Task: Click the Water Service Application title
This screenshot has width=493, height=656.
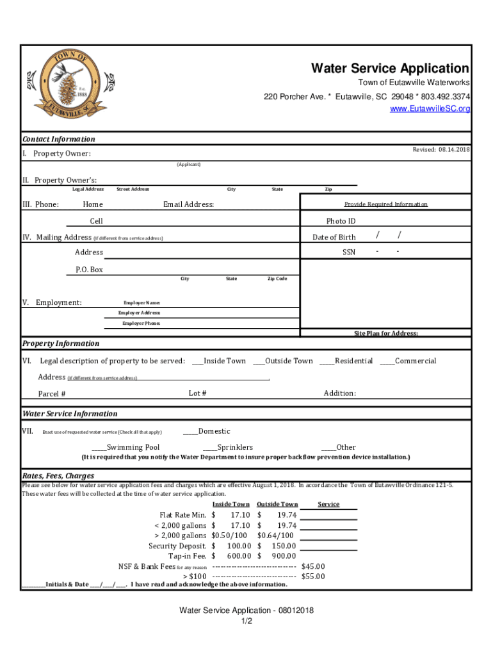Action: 389,69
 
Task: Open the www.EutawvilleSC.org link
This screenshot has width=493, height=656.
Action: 430,109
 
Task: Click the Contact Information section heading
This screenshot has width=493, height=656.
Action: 59,139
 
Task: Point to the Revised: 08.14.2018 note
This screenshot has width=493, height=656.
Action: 440,149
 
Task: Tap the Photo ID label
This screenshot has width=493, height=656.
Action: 341,221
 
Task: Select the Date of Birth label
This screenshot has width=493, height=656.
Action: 334,237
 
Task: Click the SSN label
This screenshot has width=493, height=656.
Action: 348,252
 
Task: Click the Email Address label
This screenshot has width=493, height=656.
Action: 188,204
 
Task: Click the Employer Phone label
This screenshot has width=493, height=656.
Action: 141,324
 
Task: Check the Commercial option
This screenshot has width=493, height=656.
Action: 408,361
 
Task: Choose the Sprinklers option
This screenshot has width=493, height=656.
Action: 228,447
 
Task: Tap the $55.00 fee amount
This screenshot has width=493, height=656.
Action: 312,576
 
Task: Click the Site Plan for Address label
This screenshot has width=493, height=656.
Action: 386,333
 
